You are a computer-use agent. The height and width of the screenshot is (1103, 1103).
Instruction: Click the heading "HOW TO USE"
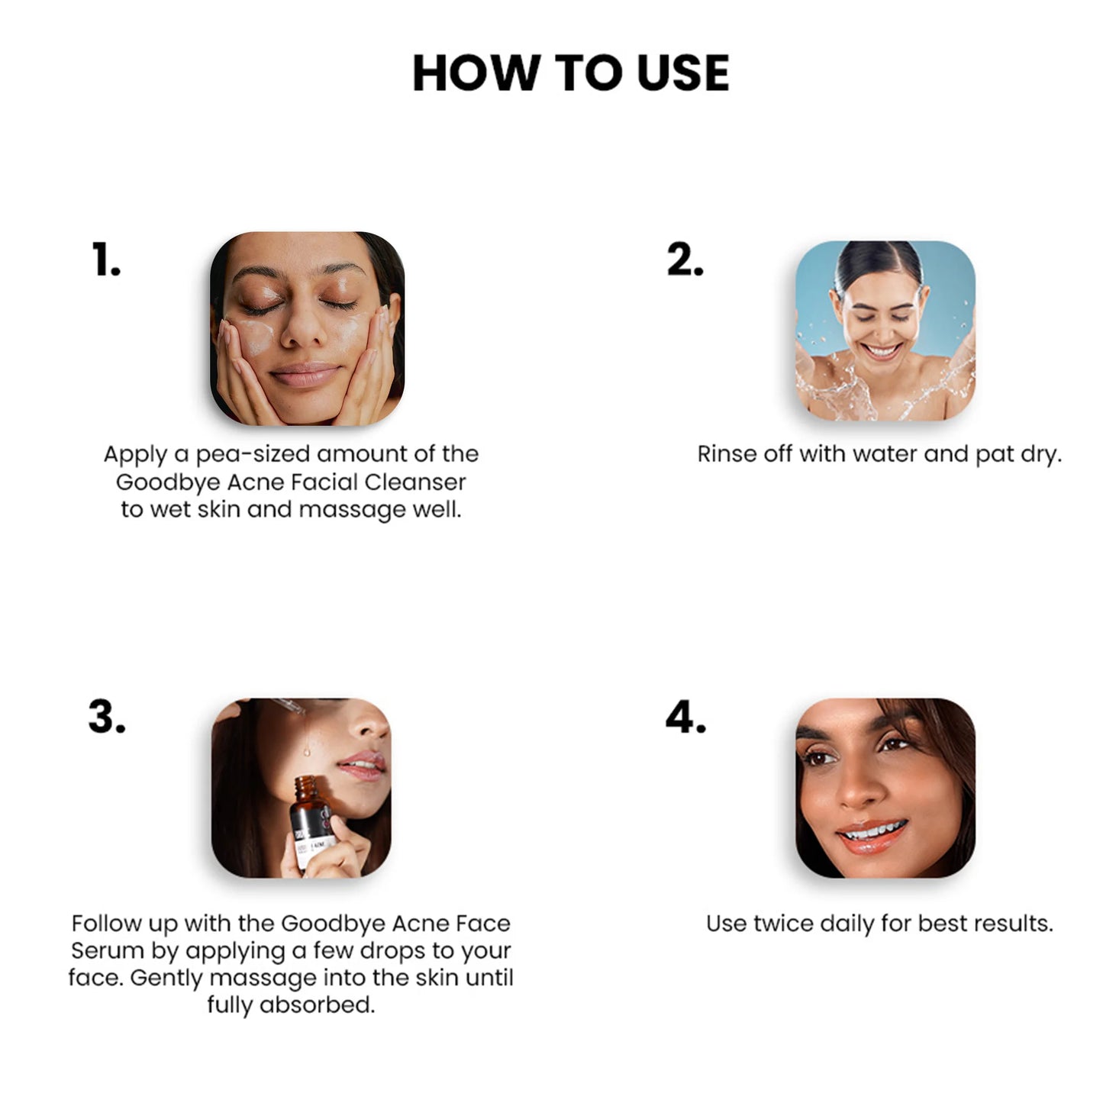571,73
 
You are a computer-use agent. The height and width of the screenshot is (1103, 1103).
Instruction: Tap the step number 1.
106,260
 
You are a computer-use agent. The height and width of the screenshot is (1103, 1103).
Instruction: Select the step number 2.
685,260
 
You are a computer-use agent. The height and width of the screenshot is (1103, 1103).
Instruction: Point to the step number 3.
107,717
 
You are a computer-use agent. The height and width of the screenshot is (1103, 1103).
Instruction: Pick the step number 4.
685,717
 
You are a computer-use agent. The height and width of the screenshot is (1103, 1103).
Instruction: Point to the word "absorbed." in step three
317,1005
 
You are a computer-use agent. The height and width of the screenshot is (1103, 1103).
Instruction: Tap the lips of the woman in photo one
305,374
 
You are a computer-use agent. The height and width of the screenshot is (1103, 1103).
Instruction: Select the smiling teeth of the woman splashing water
882,350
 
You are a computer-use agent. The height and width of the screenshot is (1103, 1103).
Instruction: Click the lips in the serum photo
362,765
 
